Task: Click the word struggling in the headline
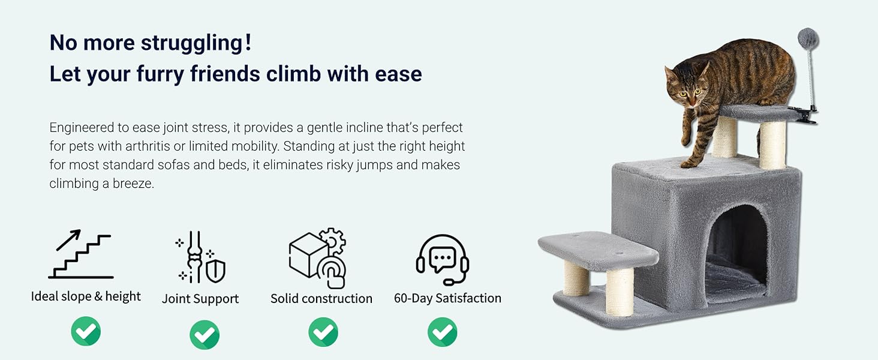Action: [192, 44]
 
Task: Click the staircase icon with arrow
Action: [81, 254]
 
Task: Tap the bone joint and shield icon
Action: [200, 257]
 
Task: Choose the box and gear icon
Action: [318, 258]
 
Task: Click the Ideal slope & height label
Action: [86, 296]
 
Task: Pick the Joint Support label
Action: [200, 299]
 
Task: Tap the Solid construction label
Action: [321, 299]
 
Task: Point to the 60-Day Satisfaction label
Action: [447, 298]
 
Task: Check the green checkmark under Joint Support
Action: [205, 335]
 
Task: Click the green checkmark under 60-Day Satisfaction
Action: [443, 332]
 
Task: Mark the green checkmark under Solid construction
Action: [323, 332]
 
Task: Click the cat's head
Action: [687, 85]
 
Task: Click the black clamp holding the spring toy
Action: [803, 115]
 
